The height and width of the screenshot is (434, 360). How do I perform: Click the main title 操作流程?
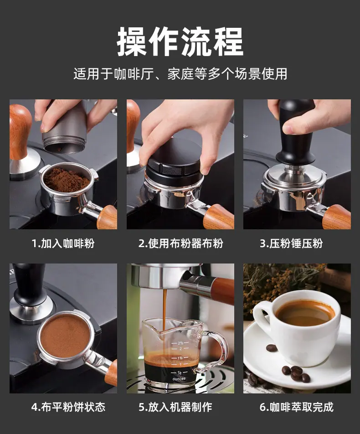(180, 42)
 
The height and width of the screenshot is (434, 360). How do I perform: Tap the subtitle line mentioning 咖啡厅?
(180, 74)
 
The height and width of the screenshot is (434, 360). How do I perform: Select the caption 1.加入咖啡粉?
(63, 243)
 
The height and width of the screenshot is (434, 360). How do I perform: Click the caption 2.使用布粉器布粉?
(181, 243)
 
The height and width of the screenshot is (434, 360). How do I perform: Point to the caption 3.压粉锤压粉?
(291, 243)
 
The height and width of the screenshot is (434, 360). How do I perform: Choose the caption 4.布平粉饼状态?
(68, 407)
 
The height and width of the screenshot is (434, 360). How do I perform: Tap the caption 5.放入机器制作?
(175, 407)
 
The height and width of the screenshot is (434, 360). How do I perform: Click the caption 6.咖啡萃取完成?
(297, 407)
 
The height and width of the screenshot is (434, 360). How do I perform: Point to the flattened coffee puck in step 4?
(65, 336)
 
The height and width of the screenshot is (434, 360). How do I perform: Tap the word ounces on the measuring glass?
(179, 379)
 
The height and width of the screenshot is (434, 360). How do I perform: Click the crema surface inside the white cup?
(305, 313)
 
